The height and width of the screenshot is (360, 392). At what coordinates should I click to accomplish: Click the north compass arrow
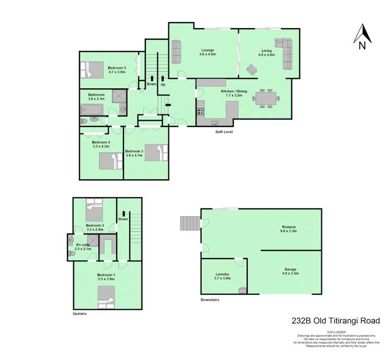pos(363,34)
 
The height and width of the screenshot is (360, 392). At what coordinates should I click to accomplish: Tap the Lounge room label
pos(207,50)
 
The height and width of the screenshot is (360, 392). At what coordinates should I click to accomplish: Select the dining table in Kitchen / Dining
pos(266,98)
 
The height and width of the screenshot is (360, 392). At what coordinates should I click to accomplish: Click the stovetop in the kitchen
pos(201,111)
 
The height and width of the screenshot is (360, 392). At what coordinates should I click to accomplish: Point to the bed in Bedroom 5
pos(92,69)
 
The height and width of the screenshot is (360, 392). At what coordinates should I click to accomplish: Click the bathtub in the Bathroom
pos(91,110)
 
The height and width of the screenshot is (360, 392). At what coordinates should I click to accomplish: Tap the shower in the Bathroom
pos(119,97)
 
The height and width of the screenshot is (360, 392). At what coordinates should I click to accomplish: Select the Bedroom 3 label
pos(134,151)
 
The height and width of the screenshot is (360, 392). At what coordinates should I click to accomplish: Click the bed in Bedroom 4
pos(111,161)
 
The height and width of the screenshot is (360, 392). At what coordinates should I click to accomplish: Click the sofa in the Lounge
pos(176,52)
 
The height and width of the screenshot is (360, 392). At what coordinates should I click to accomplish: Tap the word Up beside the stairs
pos(163,85)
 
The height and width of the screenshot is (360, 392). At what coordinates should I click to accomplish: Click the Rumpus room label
pos(288,227)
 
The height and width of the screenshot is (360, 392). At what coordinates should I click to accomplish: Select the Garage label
pos(290,269)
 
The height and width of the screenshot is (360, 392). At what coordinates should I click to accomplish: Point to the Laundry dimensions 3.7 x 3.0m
pos(223,278)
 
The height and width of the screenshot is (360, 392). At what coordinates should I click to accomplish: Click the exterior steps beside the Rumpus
pos(190,223)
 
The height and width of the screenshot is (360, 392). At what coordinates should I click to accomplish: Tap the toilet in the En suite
pos(72,253)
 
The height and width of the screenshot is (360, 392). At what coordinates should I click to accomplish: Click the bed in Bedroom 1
pos(106,297)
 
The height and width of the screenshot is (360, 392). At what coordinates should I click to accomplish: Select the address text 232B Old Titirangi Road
pos(336,320)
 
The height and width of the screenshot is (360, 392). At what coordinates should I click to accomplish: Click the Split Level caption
pos(224,132)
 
